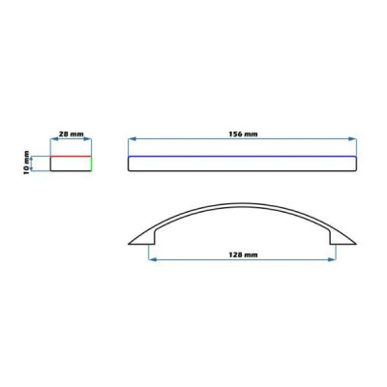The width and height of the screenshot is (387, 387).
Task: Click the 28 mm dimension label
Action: point(71,134)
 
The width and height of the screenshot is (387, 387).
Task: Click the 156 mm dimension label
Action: point(243,134)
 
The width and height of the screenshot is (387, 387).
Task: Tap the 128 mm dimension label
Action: point(243,254)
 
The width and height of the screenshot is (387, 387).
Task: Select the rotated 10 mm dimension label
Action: point(26,163)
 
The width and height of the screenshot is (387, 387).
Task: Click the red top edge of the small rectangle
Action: point(71,157)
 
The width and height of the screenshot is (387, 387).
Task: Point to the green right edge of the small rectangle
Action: point(91,164)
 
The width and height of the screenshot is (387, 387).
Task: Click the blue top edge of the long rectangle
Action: point(242,157)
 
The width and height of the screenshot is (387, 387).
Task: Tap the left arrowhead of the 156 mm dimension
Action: point(133,138)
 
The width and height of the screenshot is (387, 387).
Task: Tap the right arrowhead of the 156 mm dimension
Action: point(352,138)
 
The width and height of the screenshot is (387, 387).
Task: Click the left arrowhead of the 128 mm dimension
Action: point(152,259)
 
